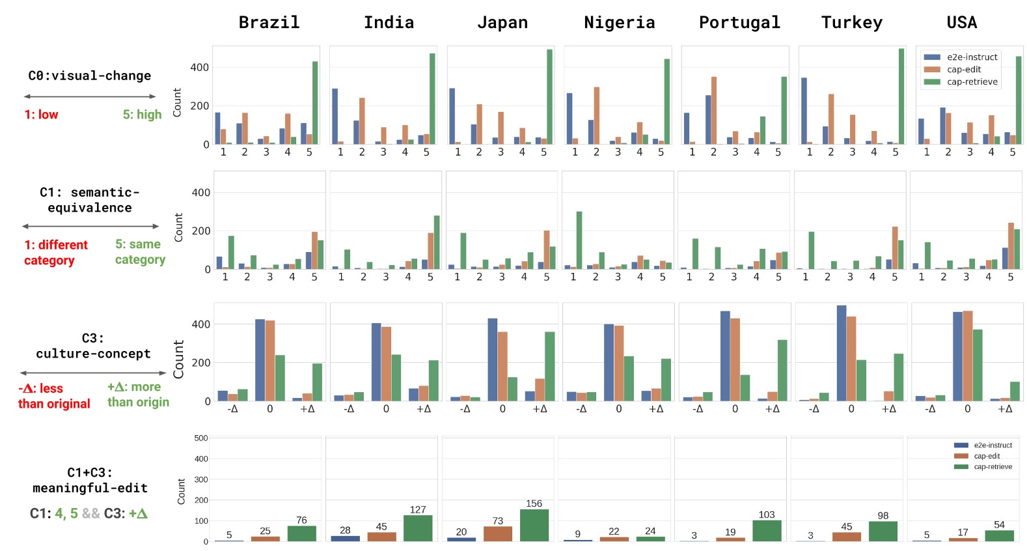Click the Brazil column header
coord(269,22)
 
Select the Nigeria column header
coord(619,22)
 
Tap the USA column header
coord(961,22)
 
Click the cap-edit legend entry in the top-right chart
coord(963,70)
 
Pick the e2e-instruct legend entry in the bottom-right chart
coord(992,445)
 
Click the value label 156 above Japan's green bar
coord(534,503)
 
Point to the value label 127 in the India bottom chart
coord(418,509)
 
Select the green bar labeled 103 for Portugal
coord(767,531)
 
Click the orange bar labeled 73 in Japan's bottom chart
coord(498,533)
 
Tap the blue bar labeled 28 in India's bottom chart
coord(345,538)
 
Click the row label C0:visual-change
coord(89,76)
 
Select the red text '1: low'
coord(41,115)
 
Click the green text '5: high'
coord(142,115)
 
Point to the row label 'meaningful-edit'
coord(90,488)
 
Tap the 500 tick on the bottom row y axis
coord(200,438)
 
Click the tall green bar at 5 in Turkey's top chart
coord(901,96)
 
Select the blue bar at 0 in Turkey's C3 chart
coord(842,353)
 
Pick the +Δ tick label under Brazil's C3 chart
coord(307,409)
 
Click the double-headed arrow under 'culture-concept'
coord(93,373)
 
